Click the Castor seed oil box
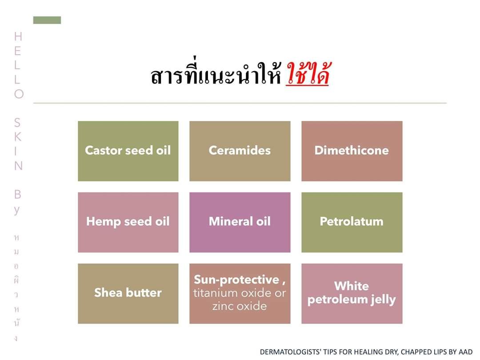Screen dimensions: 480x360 pos(128,151)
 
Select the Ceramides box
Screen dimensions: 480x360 pos(240,151)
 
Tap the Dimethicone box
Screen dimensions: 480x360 pos(352,151)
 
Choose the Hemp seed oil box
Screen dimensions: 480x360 pos(128,222)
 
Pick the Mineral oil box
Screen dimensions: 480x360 pos(240,222)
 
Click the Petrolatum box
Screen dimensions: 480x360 pos(352,222)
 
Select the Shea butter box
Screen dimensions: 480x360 pos(128,294)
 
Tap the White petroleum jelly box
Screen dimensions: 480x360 pos(352,294)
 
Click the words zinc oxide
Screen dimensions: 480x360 pos(240,306)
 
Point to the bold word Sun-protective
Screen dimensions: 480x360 pos(236,280)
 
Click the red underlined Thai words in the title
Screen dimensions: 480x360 pos(308,74)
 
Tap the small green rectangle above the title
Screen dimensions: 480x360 pos(47,20)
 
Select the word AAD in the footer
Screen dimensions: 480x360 pos(465,352)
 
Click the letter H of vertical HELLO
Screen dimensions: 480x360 pos(18,36)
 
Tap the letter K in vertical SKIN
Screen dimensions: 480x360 pos(18,137)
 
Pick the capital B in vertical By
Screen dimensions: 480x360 pos(18,194)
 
